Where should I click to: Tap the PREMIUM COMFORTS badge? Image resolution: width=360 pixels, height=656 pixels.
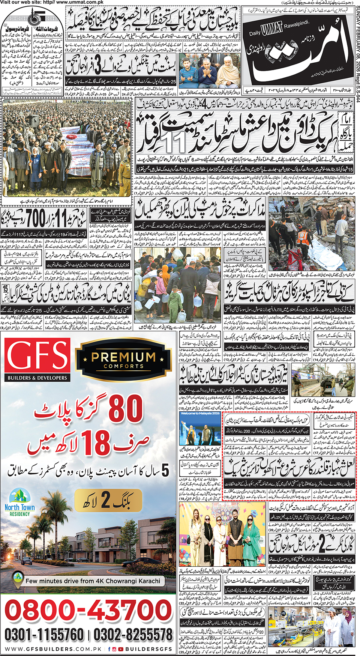point(123,359)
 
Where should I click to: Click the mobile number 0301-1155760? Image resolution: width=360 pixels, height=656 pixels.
point(44,635)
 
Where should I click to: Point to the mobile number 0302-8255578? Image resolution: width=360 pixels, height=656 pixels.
point(133,635)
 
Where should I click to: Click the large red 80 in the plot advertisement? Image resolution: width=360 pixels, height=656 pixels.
point(126,409)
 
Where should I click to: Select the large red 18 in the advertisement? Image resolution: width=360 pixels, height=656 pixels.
point(97,443)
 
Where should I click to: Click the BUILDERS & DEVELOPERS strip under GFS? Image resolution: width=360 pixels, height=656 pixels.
point(37,378)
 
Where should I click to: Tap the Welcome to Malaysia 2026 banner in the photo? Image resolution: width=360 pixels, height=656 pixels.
point(200,414)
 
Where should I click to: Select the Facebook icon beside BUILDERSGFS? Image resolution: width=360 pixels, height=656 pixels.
point(109,649)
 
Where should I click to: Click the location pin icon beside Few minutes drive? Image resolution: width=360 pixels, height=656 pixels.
point(17,579)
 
